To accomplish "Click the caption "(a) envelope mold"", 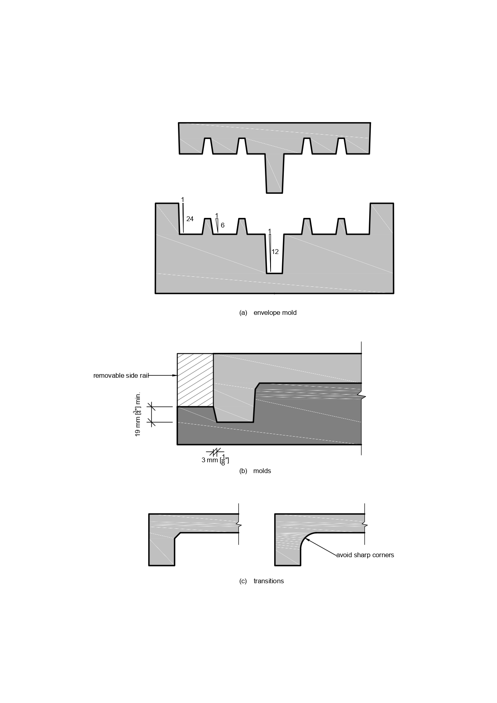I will point(268,312).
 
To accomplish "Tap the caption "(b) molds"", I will point(255,471).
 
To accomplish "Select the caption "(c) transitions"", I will point(261,581).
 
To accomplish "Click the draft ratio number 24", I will point(190,219).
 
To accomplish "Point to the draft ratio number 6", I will point(222,225).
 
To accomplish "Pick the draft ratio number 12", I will point(275,252).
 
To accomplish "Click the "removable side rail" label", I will point(121,375).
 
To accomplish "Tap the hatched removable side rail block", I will point(195,380).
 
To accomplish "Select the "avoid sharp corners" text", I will point(365,555).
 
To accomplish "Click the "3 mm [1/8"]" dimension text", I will point(215,460).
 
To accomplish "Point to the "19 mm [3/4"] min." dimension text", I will point(138,414).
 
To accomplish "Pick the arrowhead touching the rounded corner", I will point(307,539).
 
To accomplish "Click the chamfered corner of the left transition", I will point(177,536).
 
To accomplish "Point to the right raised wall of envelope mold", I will point(381,218).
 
